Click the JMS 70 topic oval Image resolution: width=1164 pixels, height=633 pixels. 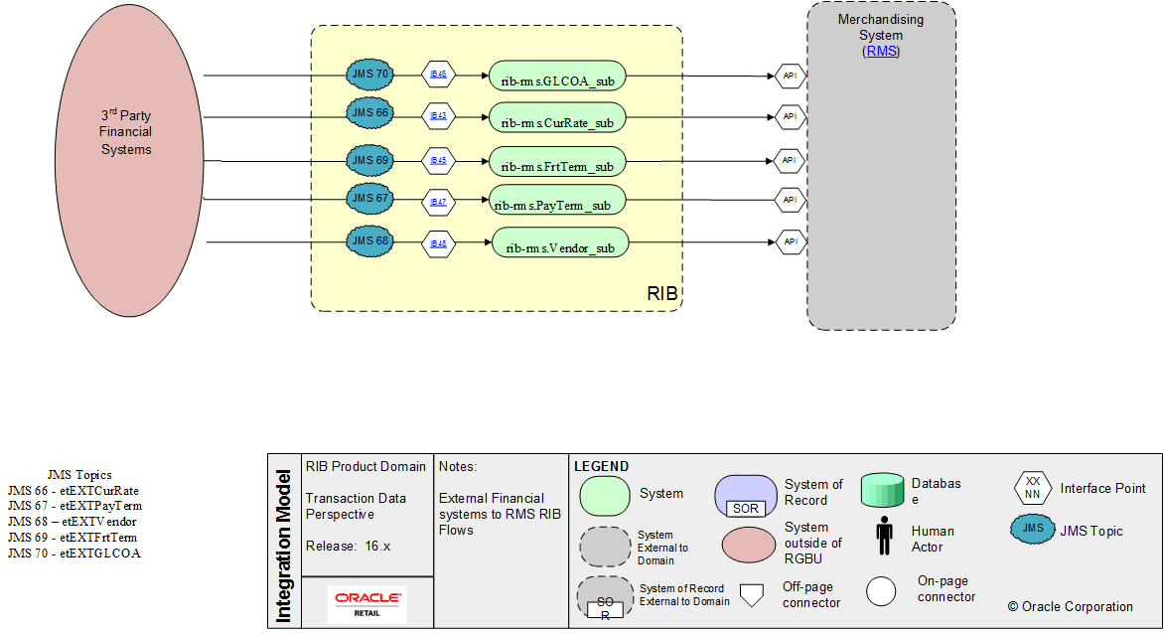point(369,74)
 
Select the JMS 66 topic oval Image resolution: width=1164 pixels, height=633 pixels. point(369,113)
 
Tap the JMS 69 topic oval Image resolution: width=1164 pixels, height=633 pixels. point(369,159)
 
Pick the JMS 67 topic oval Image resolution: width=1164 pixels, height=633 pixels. point(369,199)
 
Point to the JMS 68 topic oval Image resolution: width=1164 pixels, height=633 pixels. point(369,240)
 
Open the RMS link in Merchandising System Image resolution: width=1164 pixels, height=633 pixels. point(881,52)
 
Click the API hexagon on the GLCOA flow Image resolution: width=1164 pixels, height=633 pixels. point(790,76)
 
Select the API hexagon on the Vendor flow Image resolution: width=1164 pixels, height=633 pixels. point(790,241)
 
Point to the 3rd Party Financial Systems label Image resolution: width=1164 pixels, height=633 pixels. point(126,132)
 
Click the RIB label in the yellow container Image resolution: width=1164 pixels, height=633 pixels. point(662,294)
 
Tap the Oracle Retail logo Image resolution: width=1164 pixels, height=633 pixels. point(366,603)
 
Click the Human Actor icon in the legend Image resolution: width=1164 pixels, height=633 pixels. point(884,538)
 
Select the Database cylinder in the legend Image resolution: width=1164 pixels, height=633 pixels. point(882,491)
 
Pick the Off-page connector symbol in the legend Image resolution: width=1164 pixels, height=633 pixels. point(752,594)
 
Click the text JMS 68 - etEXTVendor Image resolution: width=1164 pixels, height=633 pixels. point(72,521)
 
